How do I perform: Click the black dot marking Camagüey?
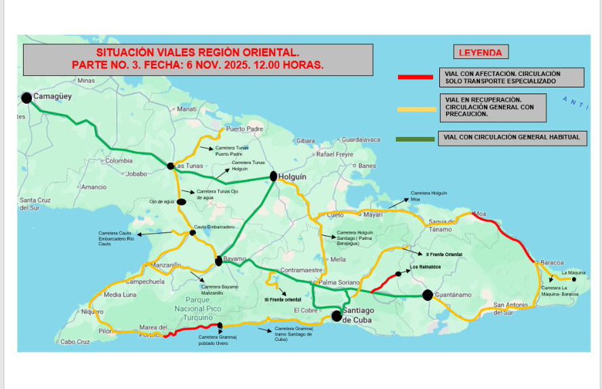pyautogui.click(x=26, y=98)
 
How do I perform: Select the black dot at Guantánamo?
pyautogui.click(x=428, y=295)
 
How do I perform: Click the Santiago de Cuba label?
pyautogui.click(x=360, y=315)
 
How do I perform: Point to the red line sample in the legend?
pyautogui.click(x=415, y=77)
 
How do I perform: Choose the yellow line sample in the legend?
pyautogui.click(x=415, y=108)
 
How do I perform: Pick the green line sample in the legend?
pyautogui.click(x=415, y=139)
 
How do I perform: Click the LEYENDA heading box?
pyautogui.click(x=480, y=52)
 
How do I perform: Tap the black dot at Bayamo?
pyautogui.click(x=218, y=261)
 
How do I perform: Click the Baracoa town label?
pyautogui.click(x=553, y=262)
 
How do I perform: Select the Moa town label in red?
pyautogui.click(x=480, y=214)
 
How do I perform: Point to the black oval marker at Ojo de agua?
pyautogui.click(x=182, y=201)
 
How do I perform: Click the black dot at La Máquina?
pyautogui.click(x=574, y=279)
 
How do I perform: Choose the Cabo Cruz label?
pyautogui.click(x=75, y=342)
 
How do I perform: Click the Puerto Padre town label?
pyautogui.click(x=244, y=129)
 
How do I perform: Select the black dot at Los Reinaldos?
pyautogui.click(x=399, y=274)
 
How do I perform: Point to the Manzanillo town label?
pyautogui.click(x=166, y=265)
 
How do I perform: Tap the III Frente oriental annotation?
pyautogui.click(x=283, y=299)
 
